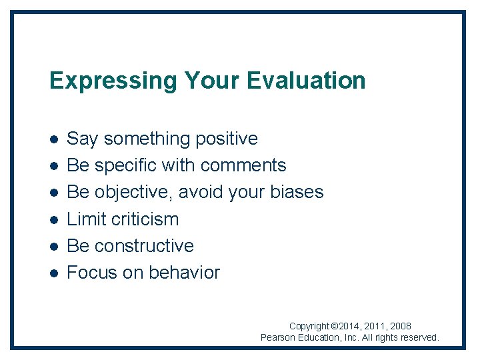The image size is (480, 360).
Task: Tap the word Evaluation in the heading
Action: [x=306, y=81]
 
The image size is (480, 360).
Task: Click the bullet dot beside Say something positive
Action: [x=53, y=139]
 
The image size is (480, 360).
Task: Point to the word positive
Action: [x=226, y=139]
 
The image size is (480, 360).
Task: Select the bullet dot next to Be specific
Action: [x=53, y=166]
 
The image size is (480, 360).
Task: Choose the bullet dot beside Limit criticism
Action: [x=53, y=219]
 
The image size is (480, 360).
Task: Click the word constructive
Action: [x=144, y=245]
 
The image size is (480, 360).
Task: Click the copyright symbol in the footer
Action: [x=335, y=327]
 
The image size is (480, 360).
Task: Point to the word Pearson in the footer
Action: [x=278, y=338]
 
